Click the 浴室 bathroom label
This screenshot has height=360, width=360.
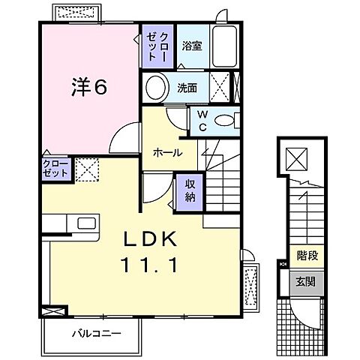193,46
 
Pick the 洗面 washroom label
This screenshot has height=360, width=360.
187,88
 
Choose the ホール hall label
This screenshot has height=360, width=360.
167,151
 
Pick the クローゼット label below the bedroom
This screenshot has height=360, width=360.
57,167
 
